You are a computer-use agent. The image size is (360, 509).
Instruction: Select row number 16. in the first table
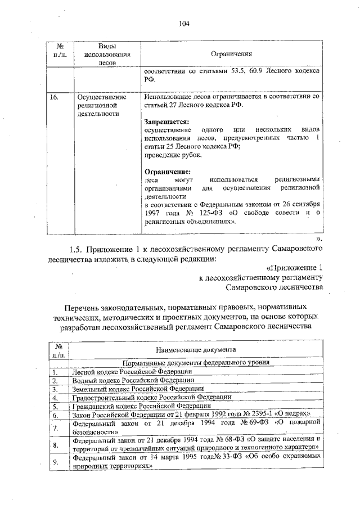pos(55,97)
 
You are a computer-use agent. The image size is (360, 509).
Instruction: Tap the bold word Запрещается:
pos(166,121)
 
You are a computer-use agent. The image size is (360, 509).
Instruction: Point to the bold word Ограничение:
pos(167,171)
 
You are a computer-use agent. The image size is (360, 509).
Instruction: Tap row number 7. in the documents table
pos(56,428)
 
